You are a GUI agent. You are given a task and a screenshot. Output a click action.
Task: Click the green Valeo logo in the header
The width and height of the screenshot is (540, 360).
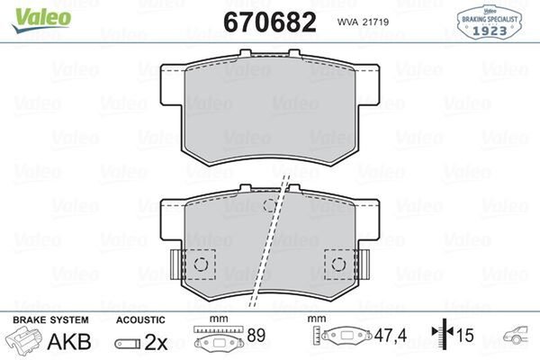41,20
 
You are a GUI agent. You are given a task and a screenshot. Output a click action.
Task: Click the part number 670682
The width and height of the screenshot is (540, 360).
270,22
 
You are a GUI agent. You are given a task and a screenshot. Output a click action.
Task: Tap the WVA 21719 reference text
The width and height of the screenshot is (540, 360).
363,22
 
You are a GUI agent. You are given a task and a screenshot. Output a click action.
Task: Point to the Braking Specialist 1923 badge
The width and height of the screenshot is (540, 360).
489,22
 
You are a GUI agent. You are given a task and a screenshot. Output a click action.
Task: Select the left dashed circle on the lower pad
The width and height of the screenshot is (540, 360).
201,265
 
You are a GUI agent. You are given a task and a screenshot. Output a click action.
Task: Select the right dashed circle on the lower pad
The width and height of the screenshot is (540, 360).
338,265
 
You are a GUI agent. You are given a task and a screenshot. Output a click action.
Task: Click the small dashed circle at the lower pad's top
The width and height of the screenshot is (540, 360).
270,206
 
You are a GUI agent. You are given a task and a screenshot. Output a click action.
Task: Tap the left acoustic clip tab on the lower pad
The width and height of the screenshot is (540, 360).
177,265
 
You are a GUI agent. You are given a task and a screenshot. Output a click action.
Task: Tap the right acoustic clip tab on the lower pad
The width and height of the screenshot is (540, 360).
363,265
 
